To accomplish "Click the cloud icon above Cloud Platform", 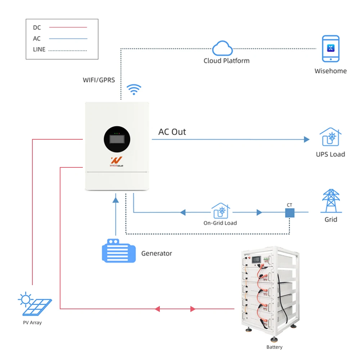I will pyautogui.click(x=222, y=48).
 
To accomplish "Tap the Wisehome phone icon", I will pyautogui.click(x=330, y=49).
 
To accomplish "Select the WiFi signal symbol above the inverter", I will pyautogui.click(x=134, y=89).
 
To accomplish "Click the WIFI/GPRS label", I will pyautogui.click(x=99, y=80).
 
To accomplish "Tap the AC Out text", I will pyautogui.click(x=172, y=132).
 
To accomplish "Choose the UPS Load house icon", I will pyautogui.click(x=330, y=137).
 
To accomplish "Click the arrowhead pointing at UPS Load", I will pyautogui.click(x=306, y=139).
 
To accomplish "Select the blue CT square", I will pyautogui.click(x=290, y=213).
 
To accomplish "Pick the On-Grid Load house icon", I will pyautogui.click(x=220, y=211).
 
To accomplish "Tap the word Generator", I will pyautogui.click(x=157, y=253).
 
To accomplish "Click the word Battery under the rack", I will pyautogui.click(x=274, y=347).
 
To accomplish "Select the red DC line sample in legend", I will pyautogui.click(x=68, y=27).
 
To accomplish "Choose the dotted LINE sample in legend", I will pyautogui.click(x=68, y=50).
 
